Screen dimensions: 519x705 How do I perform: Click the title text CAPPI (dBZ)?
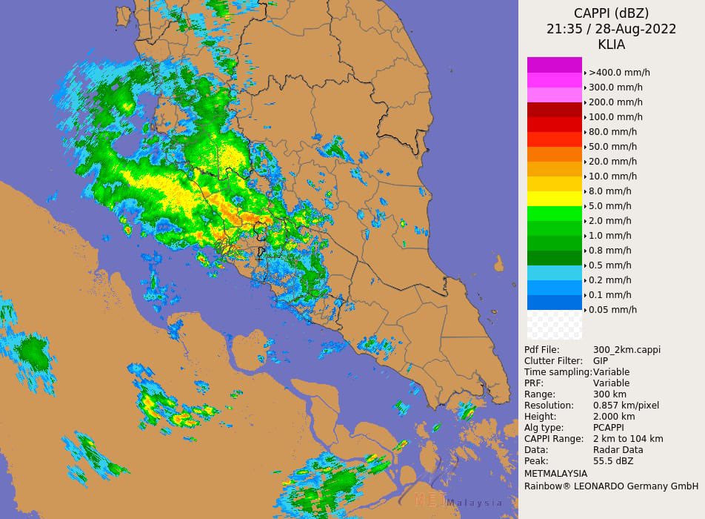pyautogui.click(x=611, y=13)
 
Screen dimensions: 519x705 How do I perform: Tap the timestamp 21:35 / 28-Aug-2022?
pyautogui.click(x=611, y=29)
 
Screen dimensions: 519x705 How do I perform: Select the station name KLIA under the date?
pyautogui.click(x=611, y=44)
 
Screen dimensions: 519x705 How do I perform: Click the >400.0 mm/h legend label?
pyautogui.click(x=619, y=73)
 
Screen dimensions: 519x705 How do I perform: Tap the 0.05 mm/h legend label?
pyautogui.click(x=612, y=310)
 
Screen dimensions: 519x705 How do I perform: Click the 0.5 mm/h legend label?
pyautogui.click(x=609, y=265)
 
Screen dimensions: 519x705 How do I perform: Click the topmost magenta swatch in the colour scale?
pyautogui.click(x=554, y=65)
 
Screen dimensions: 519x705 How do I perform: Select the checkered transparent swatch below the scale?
pyautogui.click(x=554, y=325)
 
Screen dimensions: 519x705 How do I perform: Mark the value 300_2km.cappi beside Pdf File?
pyautogui.click(x=627, y=350)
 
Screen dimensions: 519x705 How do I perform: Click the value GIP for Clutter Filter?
pyautogui.click(x=601, y=361)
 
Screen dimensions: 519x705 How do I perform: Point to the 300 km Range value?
pyautogui.click(x=609, y=394)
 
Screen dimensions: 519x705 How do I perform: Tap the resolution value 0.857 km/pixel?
pyautogui.click(x=626, y=406)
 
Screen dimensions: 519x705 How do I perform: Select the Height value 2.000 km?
pyautogui.click(x=615, y=417)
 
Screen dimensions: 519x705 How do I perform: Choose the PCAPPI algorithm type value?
pyautogui.click(x=609, y=428)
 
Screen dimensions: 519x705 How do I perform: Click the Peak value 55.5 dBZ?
pyautogui.click(x=613, y=461)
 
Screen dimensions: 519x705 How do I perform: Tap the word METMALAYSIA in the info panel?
pyautogui.click(x=555, y=474)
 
